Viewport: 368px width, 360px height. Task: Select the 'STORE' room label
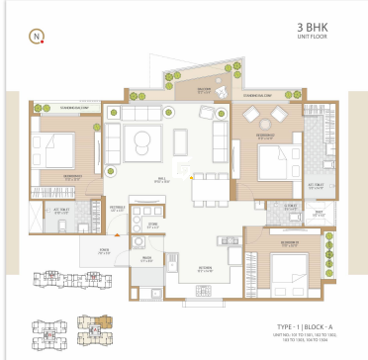(x=153, y=225)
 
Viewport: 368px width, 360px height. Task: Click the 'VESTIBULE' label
(x=116, y=209)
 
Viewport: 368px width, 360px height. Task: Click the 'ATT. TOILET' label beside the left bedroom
(x=59, y=210)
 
